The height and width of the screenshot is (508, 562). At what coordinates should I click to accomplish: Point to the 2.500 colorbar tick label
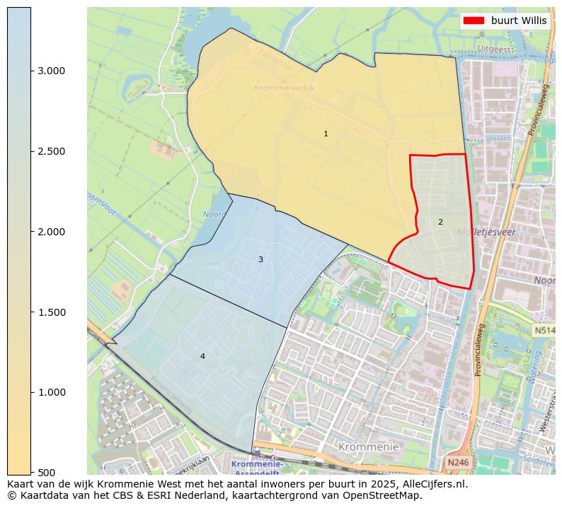50,151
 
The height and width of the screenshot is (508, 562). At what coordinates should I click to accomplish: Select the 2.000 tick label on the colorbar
50,232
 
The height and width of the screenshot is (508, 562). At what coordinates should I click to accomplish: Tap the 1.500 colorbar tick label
50,312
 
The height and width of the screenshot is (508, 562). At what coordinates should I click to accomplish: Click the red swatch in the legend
474,20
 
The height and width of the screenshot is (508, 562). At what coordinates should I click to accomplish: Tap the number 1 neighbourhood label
326,134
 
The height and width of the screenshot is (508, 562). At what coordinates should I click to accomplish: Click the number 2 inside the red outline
440,222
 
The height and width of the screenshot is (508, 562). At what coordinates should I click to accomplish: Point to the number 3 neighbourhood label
260,259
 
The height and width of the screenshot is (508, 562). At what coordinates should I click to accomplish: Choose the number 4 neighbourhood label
202,356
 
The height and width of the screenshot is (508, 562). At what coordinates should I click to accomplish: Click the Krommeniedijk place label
285,88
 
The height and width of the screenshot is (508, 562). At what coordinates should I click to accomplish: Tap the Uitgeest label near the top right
493,49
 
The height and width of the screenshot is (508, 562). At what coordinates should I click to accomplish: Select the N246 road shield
457,463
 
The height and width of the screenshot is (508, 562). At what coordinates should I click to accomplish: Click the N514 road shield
544,330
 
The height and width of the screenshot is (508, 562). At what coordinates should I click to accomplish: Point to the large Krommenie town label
368,447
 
